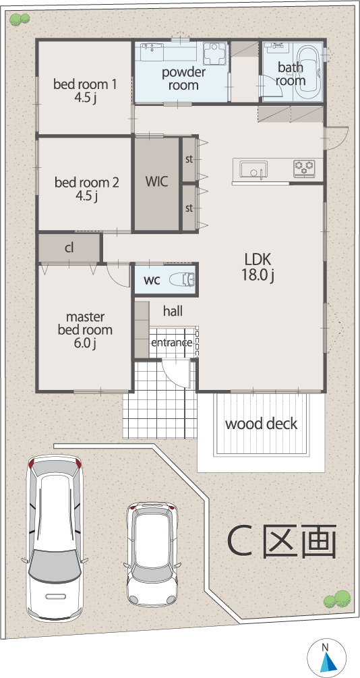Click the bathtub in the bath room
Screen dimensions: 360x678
pos(309,69)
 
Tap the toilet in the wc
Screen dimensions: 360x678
pos(183,280)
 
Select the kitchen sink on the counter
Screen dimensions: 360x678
pos(253,169)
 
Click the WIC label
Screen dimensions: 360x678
pos(156,181)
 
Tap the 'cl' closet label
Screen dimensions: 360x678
pos(69,248)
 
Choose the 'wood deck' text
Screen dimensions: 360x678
pos(261,423)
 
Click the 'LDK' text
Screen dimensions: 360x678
pos(258,260)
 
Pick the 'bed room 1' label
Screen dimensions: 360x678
pos(85,84)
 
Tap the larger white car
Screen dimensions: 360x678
pos(55,538)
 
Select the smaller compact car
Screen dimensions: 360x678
pos(152,553)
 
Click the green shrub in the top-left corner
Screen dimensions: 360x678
pos(20,19)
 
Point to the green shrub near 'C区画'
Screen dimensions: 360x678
pos(336,600)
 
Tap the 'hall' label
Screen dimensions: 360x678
pos(173,310)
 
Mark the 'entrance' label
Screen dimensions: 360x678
pos(171,343)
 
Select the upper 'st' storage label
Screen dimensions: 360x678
pos(189,159)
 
